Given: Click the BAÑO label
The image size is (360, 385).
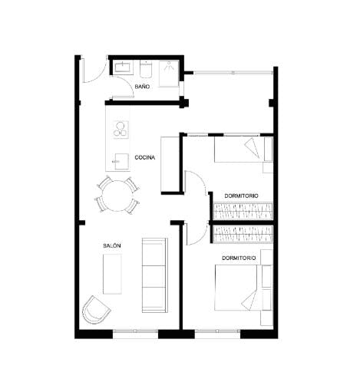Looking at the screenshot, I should click(142, 87).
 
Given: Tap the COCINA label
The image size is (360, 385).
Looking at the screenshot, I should click(145, 157).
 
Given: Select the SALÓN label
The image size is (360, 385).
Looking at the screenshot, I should click(112, 245).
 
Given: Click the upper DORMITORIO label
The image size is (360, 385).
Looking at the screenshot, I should click(241, 196).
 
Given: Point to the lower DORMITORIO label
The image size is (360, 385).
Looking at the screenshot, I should click(239, 258).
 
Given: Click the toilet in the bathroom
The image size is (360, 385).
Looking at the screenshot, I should click(145, 71).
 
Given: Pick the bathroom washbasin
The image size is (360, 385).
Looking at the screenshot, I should click(123, 68).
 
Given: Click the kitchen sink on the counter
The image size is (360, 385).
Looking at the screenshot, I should click(118, 161).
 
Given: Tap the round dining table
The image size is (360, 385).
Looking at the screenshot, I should click(117, 195).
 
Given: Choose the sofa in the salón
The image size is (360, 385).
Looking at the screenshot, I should click(154, 275).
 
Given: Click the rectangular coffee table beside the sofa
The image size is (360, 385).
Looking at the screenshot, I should click(112, 273).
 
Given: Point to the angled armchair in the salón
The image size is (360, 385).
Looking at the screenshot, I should click(96, 310).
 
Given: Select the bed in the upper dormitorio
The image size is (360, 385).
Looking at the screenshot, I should click(243, 149).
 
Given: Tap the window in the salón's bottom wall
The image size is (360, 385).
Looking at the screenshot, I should click(135, 332).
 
